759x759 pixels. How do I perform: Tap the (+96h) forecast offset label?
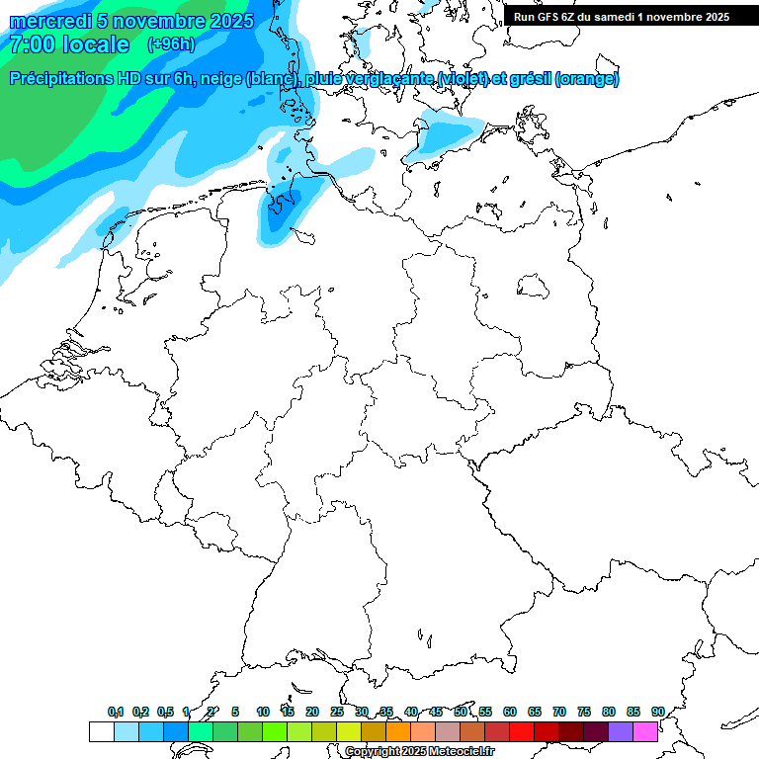[x=171, y=44]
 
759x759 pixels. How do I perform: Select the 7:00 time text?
[x=32, y=44]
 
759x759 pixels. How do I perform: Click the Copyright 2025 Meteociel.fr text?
[x=420, y=752]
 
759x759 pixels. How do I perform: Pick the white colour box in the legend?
[x=101, y=731]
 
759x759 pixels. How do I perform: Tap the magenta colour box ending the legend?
[x=645, y=731]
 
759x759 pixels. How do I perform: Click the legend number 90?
[x=657, y=712]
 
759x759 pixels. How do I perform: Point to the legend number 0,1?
[x=116, y=712]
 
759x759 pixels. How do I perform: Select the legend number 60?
[x=510, y=712]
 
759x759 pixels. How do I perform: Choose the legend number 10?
[x=263, y=712]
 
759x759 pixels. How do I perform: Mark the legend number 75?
[x=584, y=712]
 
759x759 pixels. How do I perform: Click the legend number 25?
[x=337, y=712]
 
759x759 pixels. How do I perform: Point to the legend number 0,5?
[x=165, y=712]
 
